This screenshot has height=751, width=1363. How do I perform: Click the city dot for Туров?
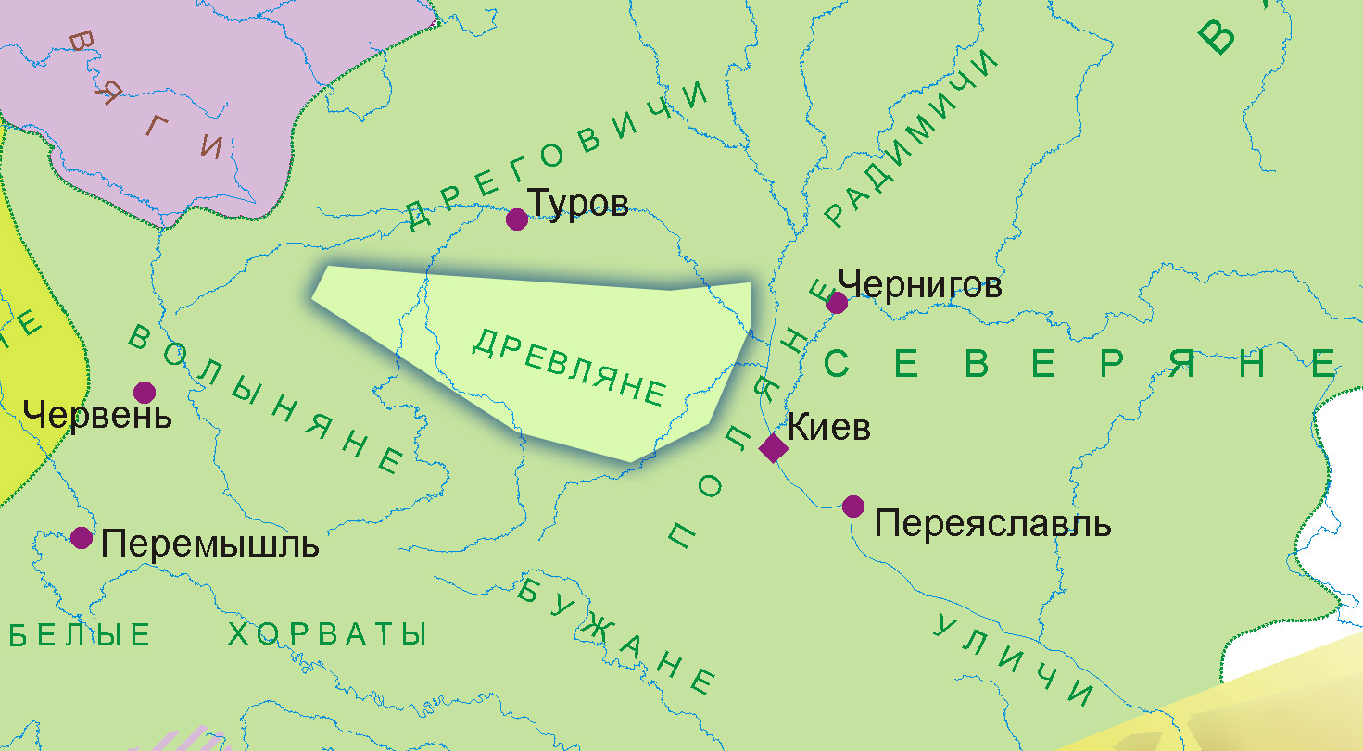pos(517,219)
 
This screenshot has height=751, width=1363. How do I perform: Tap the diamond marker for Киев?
pos(773,448)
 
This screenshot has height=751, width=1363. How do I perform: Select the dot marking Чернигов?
pos(837,303)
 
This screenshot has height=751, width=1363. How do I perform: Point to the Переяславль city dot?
pos(853,507)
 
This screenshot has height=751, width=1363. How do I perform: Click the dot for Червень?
pos(145,393)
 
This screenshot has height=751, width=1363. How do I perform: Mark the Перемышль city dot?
pos(82,537)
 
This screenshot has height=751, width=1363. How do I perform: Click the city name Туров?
pos(578,204)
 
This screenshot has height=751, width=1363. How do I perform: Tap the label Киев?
pos(828,430)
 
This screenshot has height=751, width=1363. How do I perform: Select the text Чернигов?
pos(919,285)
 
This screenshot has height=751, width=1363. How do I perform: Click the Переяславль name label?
pos(992,525)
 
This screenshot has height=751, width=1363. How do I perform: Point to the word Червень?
pos(98,416)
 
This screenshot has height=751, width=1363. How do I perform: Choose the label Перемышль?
pos(210,544)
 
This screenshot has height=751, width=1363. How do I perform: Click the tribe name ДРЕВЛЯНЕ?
pos(569,366)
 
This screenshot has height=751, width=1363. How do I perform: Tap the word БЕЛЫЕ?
pos(82,635)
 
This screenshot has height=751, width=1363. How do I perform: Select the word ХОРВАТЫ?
pos(327,634)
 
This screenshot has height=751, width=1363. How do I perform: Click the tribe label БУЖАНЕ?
pos(615,635)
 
